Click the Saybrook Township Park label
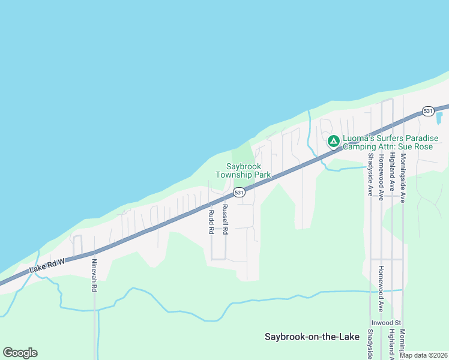click(244, 170)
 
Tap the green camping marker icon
click(333, 142)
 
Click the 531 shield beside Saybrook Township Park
click(239, 193)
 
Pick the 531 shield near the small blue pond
click(428, 112)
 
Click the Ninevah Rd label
click(94, 276)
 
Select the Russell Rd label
click(225, 220)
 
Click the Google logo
click(20, 353)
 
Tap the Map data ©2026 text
click(423, 355)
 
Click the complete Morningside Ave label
click(403, 178)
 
